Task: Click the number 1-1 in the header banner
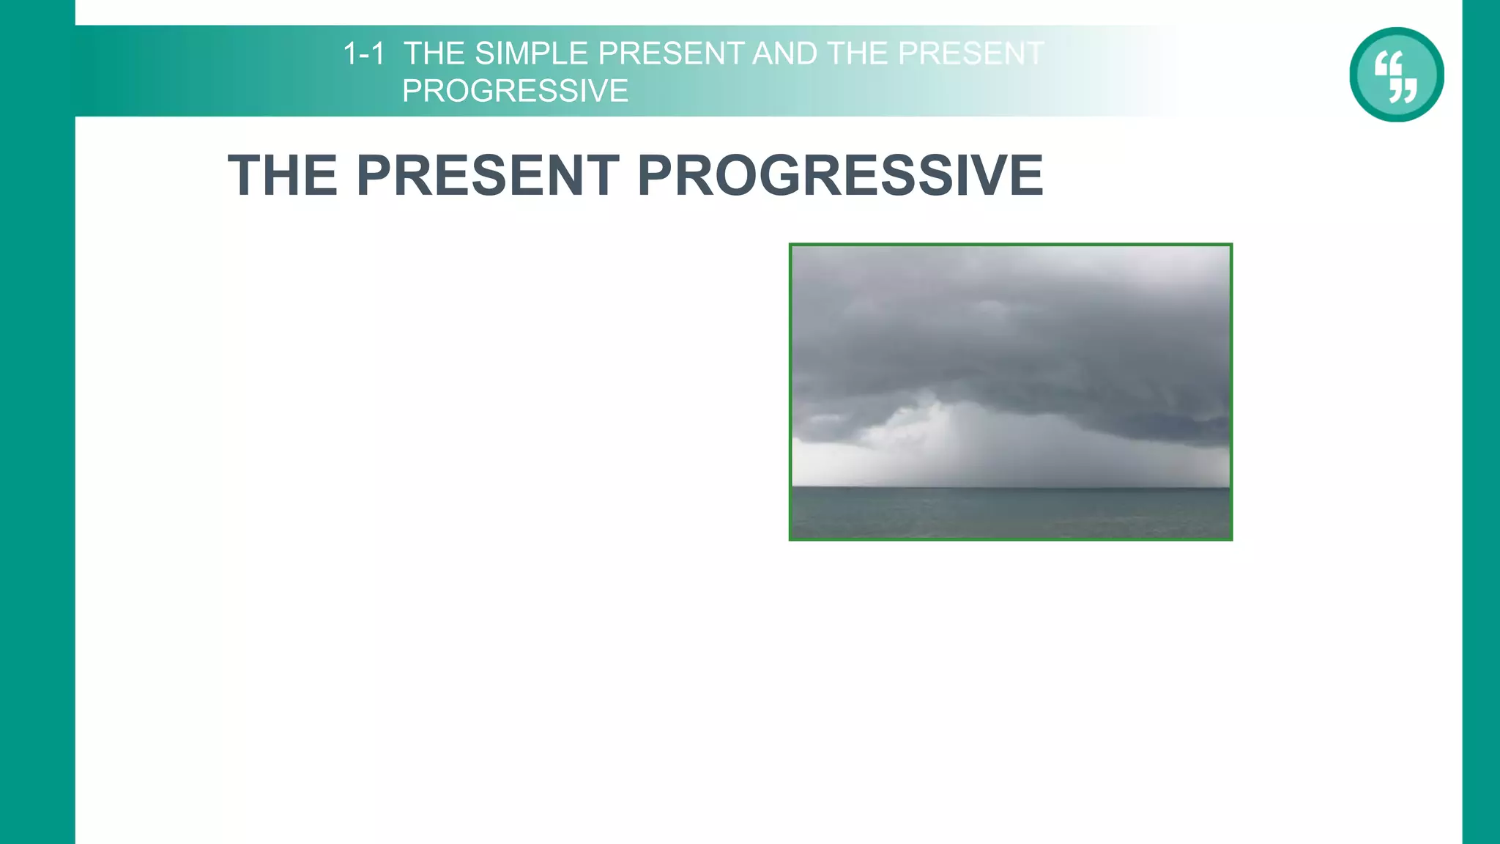[x=364, y=53]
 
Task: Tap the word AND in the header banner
[x=784, y=53]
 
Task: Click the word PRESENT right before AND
[x=672, y=53]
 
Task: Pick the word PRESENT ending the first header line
[x=970, y=53]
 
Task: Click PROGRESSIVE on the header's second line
[x=515, y=92]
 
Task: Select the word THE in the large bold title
[x=283, y=176]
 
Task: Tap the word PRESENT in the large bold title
[x=488, y=176]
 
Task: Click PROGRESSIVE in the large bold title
[x=840, y=176]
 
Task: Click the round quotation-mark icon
[x=1396, y=75]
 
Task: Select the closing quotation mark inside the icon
[x=1404, y=90]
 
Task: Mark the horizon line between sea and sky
[x=1011, y=486]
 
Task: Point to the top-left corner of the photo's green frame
[x=790, y=245]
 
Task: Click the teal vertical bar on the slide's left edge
[x=37, y=440]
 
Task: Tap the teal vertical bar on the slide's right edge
[x=1481, y=440]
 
